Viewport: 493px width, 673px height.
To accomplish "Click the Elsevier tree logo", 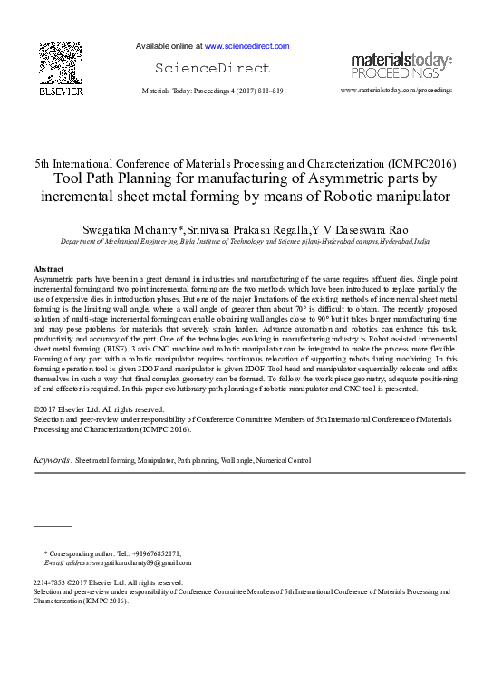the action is [x=61, y=62].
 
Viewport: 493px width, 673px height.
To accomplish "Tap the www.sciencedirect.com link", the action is [x=246, y=45].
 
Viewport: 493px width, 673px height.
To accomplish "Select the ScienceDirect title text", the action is [x=213, y=68].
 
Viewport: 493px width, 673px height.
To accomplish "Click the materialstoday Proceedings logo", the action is [x=401, y=65].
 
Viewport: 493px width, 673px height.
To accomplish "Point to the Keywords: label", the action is [x=53, y=460].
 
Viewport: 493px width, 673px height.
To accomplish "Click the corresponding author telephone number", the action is [x=156, y=553].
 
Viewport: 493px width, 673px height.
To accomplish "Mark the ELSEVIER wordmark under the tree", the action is [x=61, y=92].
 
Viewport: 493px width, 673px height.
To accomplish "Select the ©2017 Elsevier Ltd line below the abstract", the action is [x=88, y=410].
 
